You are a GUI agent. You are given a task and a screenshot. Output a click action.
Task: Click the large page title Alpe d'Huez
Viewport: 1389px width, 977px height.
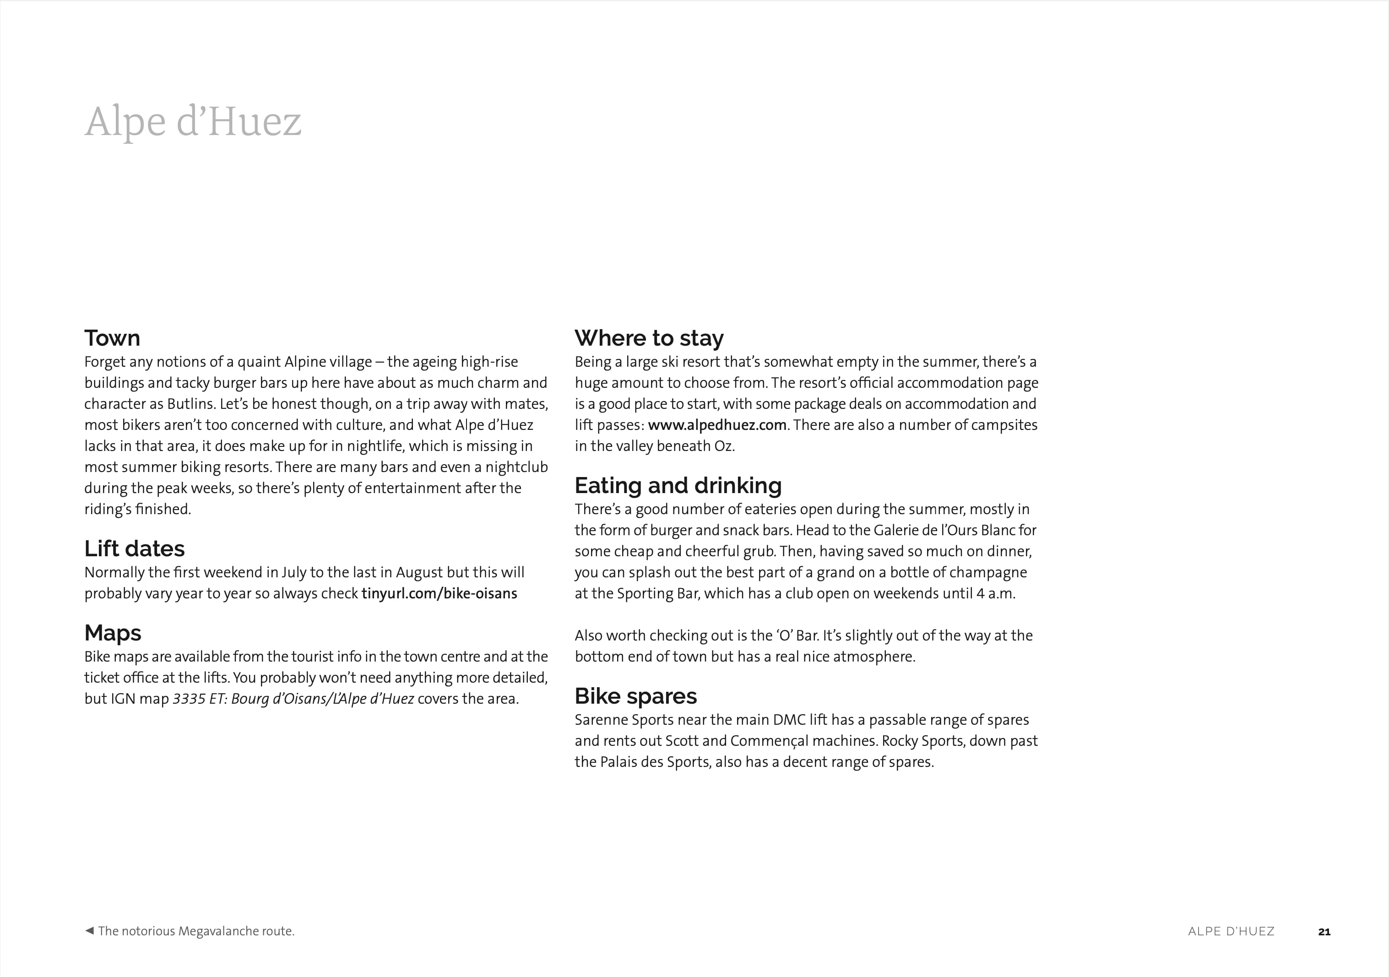tap(193, 122)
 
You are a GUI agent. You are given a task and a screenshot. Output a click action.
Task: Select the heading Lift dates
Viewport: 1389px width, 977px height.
tap(134, 548)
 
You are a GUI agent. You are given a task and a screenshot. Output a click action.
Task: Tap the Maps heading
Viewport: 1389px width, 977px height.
tap(113, 633)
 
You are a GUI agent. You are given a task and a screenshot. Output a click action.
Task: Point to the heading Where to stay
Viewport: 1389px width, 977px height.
tap(649, 338)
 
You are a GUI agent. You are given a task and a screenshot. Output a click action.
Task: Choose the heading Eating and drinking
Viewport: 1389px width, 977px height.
tap(678, 486)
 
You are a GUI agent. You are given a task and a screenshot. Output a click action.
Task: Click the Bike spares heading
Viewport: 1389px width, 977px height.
tap(635, 696)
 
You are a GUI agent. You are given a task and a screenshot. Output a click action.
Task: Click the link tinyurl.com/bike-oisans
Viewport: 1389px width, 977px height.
tap(439, 593)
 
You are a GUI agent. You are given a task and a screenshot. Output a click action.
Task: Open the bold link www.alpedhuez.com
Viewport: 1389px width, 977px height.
tap(717, 425)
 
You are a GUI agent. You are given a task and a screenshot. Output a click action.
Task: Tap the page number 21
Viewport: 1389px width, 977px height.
tap(1324, 932)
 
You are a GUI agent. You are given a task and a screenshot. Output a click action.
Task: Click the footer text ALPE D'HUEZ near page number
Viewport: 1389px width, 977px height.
tap(1231, 932)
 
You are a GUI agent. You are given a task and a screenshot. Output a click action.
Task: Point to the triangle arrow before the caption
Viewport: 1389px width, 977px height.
tap(89, 930)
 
